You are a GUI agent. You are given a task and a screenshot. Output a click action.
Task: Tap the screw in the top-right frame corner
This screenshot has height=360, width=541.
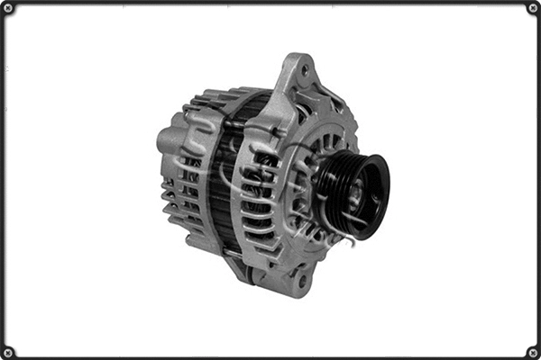click(x=532, y=8)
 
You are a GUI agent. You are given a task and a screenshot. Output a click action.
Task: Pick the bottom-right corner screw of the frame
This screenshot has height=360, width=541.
click(x=532, y=351)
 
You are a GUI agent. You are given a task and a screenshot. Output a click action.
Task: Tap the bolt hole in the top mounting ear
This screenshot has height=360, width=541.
click(x=305, y=69)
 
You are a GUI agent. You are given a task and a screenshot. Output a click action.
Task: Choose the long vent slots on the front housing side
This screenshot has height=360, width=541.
click(x=261, y=198)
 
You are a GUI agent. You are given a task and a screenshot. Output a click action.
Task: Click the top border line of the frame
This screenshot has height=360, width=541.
click(x=270, y=4)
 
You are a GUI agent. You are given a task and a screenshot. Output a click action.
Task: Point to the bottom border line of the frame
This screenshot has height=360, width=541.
click(x=270, y=356)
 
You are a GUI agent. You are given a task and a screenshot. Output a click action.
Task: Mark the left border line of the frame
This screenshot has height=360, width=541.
click(x=4, y=180)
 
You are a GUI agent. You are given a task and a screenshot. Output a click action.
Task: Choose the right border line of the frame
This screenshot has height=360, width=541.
click(x=537, y=180)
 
